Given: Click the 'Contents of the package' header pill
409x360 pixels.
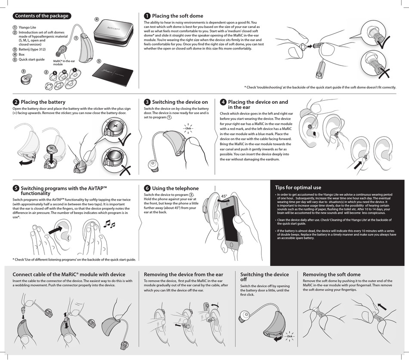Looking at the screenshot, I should point(41,16).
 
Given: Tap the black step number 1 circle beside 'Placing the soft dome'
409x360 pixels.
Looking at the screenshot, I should point(147,16).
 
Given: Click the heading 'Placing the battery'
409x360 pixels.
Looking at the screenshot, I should point(43,102).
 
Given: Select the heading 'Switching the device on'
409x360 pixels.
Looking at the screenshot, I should point(180,102).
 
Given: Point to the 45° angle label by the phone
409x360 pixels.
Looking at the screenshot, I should point(224,196).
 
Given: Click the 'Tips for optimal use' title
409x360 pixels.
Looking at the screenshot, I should point(298,187).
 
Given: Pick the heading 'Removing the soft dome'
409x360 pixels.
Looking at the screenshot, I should point(332,274).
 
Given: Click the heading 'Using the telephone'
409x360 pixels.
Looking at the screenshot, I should point(175,188).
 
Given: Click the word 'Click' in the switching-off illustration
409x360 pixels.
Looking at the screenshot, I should point(290,336).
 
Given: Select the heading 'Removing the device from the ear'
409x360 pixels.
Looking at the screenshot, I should point(183,274).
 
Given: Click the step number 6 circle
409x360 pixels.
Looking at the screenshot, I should point(147,188).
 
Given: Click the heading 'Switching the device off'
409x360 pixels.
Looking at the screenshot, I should point(264,277).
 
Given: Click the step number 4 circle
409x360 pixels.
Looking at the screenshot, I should point(223,102).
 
